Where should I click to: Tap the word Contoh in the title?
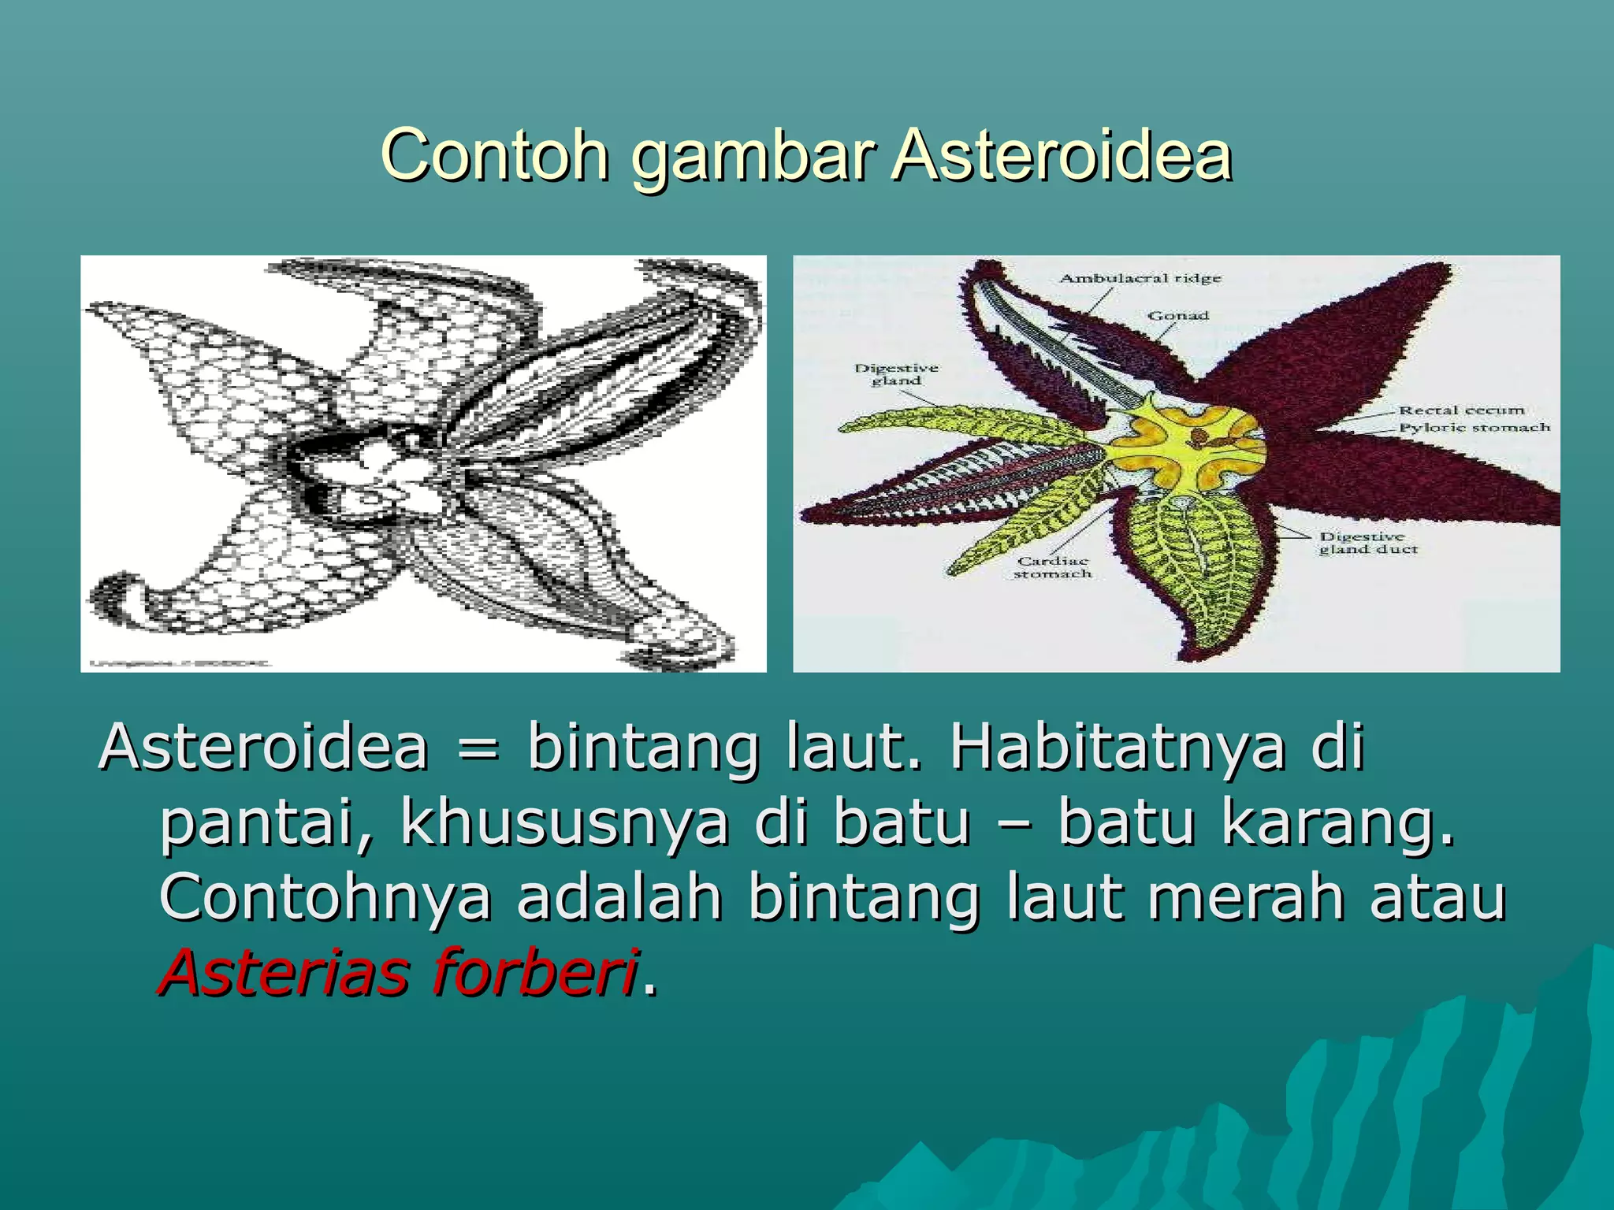(x=495, y=155)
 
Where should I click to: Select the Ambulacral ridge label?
(x=1140, y=278)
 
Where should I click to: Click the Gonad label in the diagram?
(x=1177, y=315)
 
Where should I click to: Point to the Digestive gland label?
(x=896, y=374)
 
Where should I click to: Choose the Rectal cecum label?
(x=1461, y=410)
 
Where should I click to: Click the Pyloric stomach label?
(x=1474, y=427)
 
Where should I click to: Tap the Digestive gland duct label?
(x=1368, y=543)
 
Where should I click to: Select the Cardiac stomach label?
(x=1052, y=567)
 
